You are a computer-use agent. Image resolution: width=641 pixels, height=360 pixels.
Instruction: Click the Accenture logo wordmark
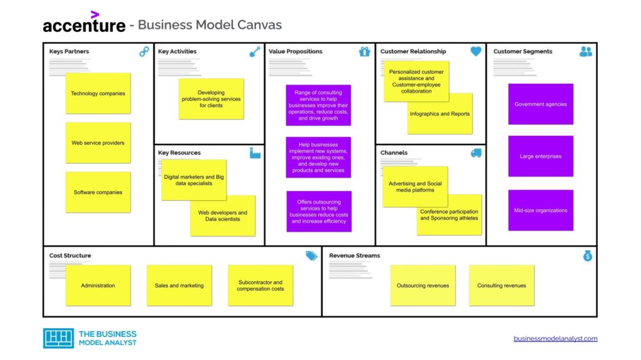[84, 24]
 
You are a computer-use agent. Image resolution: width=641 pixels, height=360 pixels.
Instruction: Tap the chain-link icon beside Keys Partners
[144, 52]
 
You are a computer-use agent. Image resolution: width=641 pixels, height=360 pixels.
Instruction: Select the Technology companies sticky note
[98, 93]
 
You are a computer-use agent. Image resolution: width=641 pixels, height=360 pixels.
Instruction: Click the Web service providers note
[98, 143]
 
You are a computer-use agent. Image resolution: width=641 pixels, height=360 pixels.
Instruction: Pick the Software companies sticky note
[98, 192]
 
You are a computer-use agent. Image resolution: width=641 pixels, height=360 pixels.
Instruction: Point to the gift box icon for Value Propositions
[364, 52]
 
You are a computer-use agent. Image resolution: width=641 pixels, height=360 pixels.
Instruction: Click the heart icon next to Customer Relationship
[476, 51]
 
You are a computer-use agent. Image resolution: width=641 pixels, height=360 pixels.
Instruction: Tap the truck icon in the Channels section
[476, 153]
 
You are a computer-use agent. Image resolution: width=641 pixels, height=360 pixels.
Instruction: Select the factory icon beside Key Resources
[255, 153]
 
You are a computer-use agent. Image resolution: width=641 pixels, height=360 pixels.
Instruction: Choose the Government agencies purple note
[540, 105]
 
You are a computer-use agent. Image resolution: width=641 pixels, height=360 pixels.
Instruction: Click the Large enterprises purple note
[540, 156]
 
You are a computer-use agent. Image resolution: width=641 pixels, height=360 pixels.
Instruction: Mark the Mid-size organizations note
[540, 210]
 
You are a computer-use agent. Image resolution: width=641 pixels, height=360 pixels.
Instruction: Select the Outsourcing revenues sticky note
[423, 285]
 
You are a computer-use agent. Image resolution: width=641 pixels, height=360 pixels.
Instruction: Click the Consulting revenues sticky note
[501, 285]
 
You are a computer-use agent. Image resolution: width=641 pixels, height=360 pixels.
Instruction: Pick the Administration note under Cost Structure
[98, 285]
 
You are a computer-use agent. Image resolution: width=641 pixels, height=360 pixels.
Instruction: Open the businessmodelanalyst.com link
[555, 339]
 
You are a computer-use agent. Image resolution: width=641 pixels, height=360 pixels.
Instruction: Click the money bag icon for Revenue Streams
[587, 255]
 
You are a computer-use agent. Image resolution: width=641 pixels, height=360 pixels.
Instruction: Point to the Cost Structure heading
[70, 255]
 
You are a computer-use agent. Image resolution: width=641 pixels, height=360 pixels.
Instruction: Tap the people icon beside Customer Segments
[585, 52]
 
